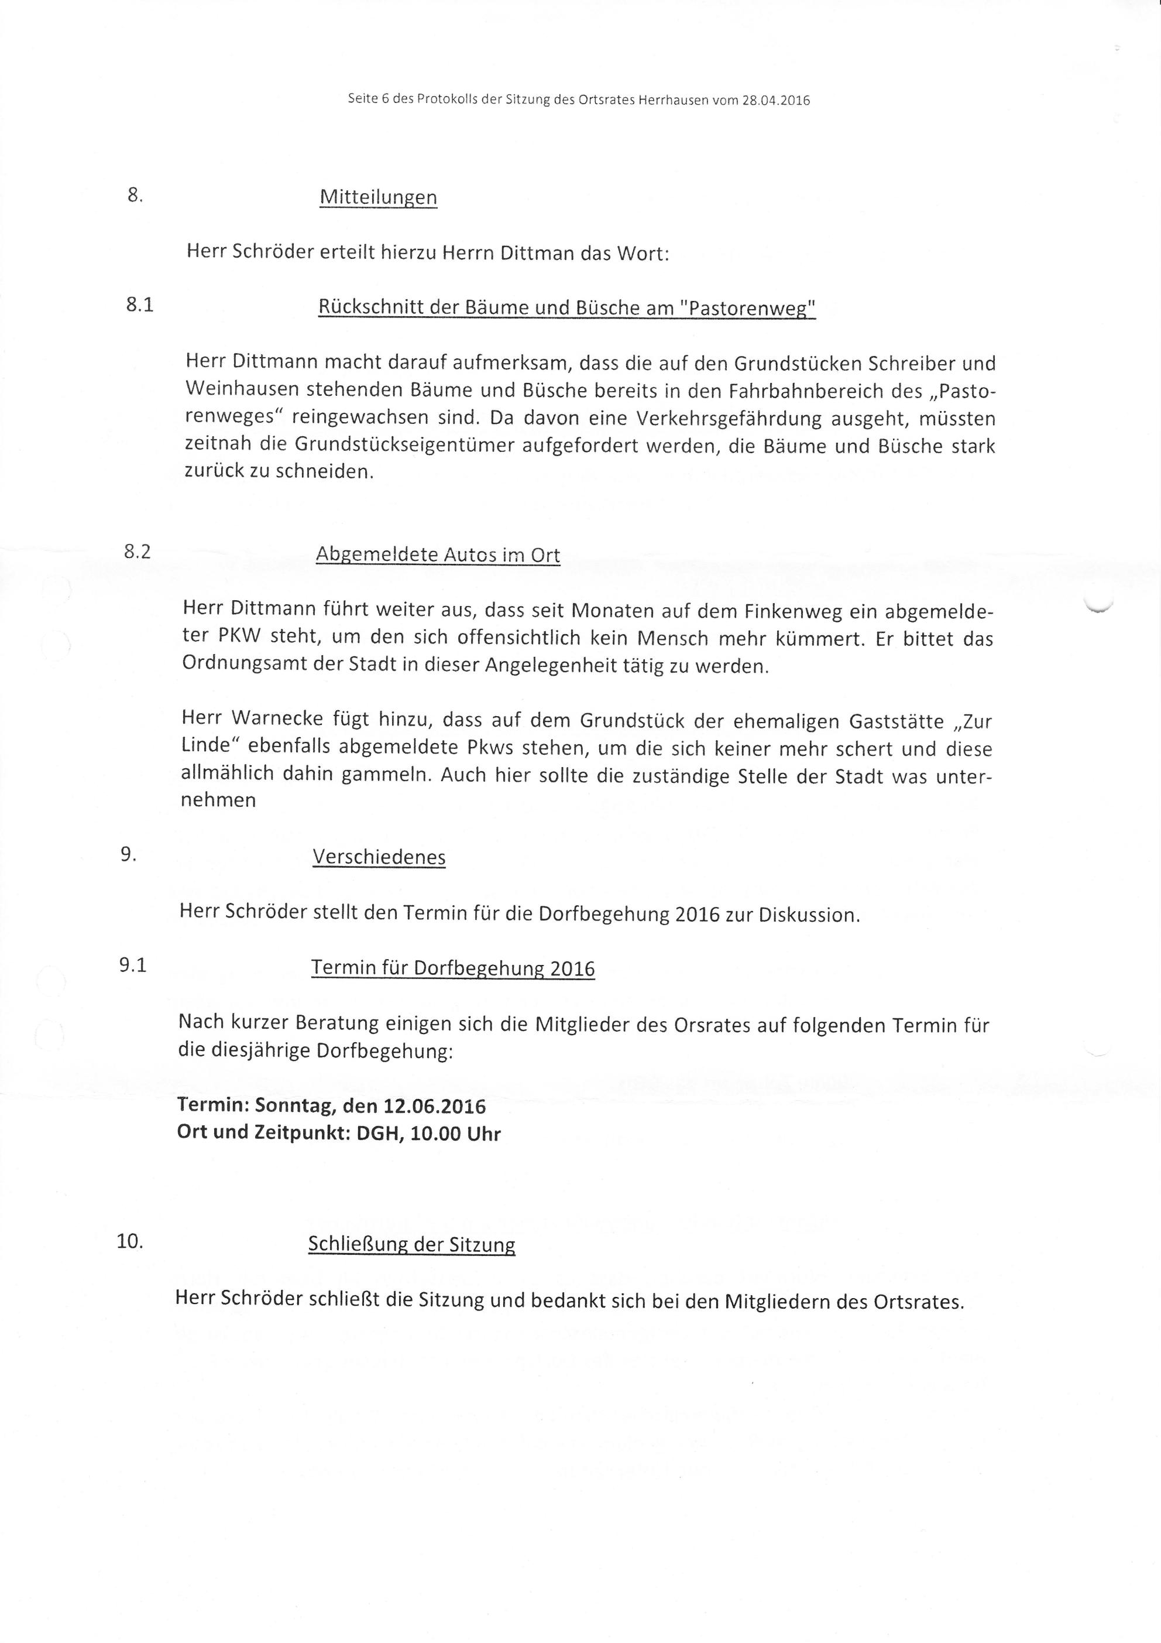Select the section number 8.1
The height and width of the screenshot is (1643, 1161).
click(x=139, y=305)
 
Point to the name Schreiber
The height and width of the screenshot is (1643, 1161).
click(x=910, y=364)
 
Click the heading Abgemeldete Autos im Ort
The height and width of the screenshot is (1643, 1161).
click(x=438, y=554)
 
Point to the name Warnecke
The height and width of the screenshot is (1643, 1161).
click(x=283, y=718)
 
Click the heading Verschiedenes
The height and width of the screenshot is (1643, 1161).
click(x=379, y=857)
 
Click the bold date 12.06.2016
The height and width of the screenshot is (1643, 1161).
click(x=434, y=1106)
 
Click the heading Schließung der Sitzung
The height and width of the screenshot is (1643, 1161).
click(x=411, y=1244)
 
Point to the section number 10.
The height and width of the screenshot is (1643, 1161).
click(x=130, y=1241)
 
